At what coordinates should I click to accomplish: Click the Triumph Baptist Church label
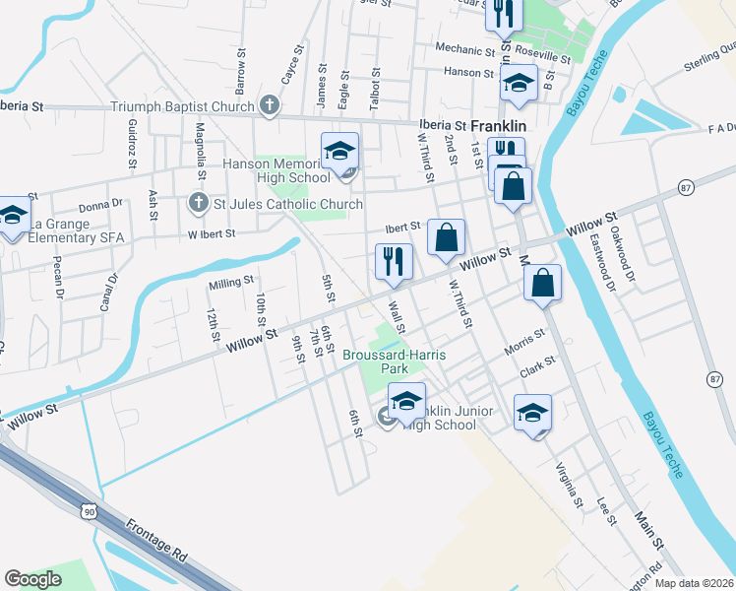(x=183, y=106)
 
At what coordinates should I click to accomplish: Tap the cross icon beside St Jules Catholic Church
(x=197, y=204)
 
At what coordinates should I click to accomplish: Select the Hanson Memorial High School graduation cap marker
(x=339, y=152)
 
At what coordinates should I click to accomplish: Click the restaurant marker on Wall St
(x=393, y=262)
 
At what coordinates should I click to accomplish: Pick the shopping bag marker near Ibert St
(x=447, y=237)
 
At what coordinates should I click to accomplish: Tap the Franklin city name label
(x=498, y=127)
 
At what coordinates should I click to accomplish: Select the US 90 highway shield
(x=89, y=512)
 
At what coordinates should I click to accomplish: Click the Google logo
(x=32, y=579)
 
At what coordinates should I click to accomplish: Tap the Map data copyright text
(x=693, y=583)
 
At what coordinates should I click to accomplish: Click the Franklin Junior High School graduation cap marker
(x=406, y=401)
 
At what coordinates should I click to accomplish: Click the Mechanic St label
(x=459, y=48)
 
